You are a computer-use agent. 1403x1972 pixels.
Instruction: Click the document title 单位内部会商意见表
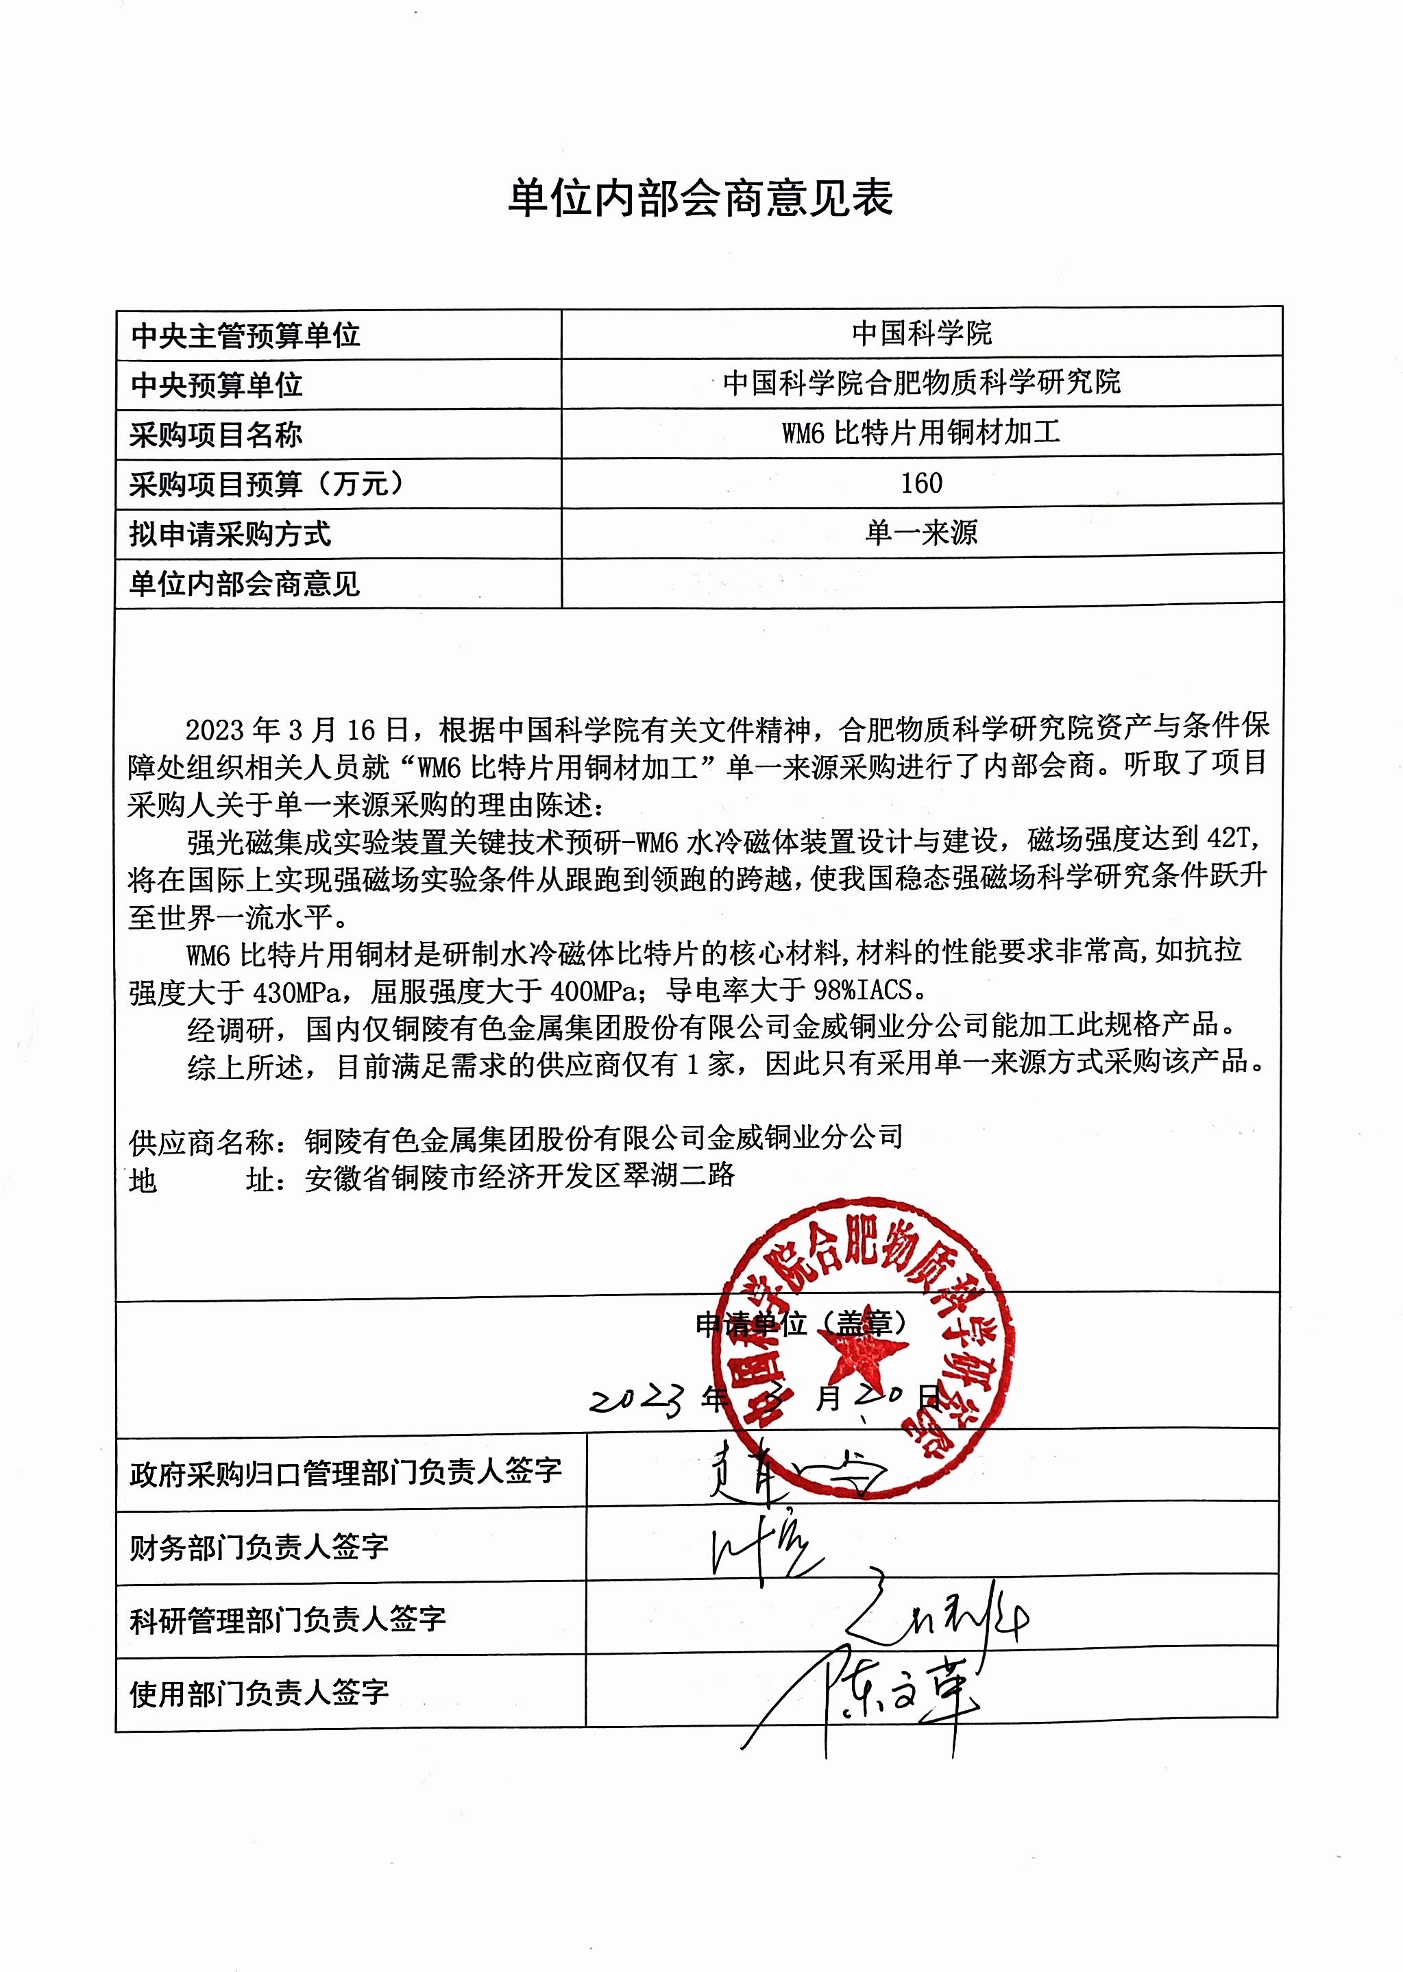click(x=700, y=199)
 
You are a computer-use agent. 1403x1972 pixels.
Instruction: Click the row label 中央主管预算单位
click(x=245, y=335)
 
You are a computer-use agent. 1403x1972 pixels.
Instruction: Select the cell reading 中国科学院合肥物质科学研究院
click(x=921, y=382)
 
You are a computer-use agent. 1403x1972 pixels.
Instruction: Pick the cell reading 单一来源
click(x=921, y=532)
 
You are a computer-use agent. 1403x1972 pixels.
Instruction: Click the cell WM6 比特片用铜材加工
click(x=921, y=432)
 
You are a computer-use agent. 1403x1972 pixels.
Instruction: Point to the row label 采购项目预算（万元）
click(x=268, y=484)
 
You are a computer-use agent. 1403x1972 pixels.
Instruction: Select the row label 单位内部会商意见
click(x=245, y=585)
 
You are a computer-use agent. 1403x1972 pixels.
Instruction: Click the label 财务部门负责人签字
click(x=259, y=1546)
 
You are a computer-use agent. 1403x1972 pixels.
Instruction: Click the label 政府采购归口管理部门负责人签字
click(x=345, y=1473)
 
